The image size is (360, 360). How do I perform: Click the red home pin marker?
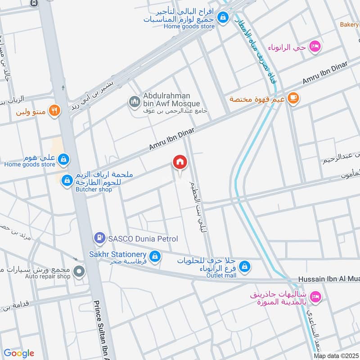click(x=180, y=162)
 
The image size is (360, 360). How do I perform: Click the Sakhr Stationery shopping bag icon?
click(x=155, y=256)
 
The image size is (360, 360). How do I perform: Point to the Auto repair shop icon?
click(x=79, y=271)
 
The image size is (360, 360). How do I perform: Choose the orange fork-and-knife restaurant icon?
click(x=54, y=110)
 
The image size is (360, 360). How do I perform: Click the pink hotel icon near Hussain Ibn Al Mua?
click(x=315, y=296)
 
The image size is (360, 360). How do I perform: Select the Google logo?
click(x=19, y=353)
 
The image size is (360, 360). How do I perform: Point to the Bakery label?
click(x=349, y=25)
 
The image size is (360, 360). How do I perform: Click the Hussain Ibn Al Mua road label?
click(x=328, y=280)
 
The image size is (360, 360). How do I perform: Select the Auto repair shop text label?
click(x=48, y=276)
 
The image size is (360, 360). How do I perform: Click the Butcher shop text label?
click(x=93, y=189)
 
